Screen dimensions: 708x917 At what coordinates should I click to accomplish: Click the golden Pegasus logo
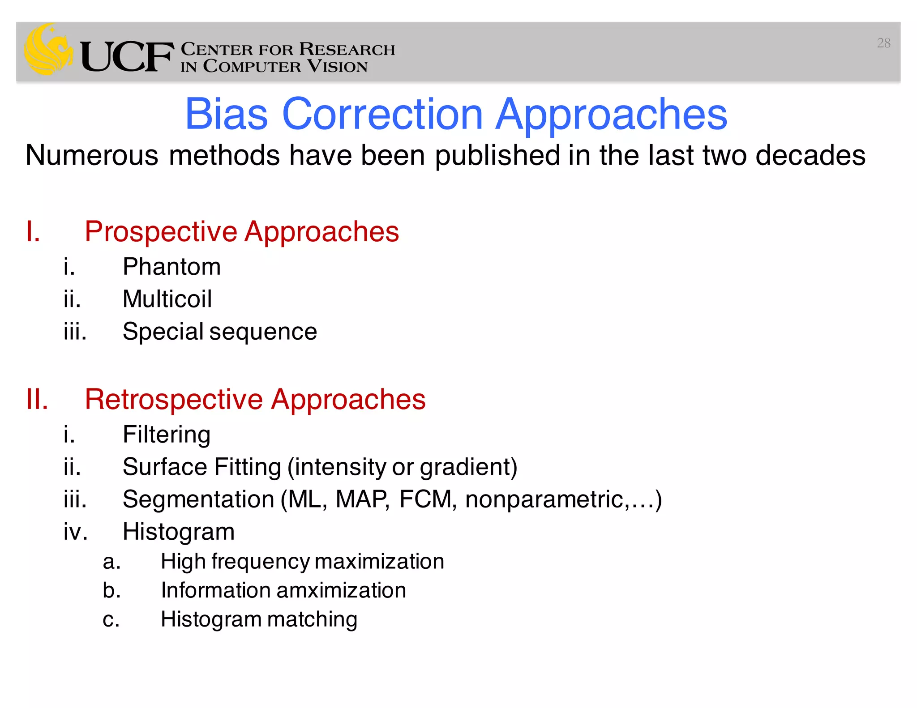click(x=48, y=49)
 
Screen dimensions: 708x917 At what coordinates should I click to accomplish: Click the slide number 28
click(x=883, y=43)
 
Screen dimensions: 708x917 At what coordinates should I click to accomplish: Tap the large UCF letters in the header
click(x=127, y=57)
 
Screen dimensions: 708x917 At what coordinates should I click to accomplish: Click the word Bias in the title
click(x=226, y=115)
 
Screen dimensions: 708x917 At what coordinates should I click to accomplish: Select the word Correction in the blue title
click(x=382, y=115)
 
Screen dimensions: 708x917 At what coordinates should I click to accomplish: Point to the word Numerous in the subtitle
click(x=92, y=155)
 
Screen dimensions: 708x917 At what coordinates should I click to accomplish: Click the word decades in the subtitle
click(x=810, y=155)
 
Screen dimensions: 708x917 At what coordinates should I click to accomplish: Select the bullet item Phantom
click(x=171, y=267)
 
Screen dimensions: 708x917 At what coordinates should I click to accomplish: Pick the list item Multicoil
click(x=167, y=299)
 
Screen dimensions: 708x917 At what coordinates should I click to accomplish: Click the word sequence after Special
click(x=263, y=332)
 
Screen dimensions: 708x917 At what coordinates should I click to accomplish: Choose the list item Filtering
click(x=167, y=435)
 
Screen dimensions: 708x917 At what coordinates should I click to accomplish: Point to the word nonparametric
click(x=544, y=499)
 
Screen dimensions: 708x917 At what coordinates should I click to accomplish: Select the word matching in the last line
click(x=312, y=619)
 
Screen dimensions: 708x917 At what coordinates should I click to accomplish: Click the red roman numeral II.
click(x=37, y=399)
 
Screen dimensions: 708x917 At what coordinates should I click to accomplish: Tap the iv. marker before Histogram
click(x=75, y=532)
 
